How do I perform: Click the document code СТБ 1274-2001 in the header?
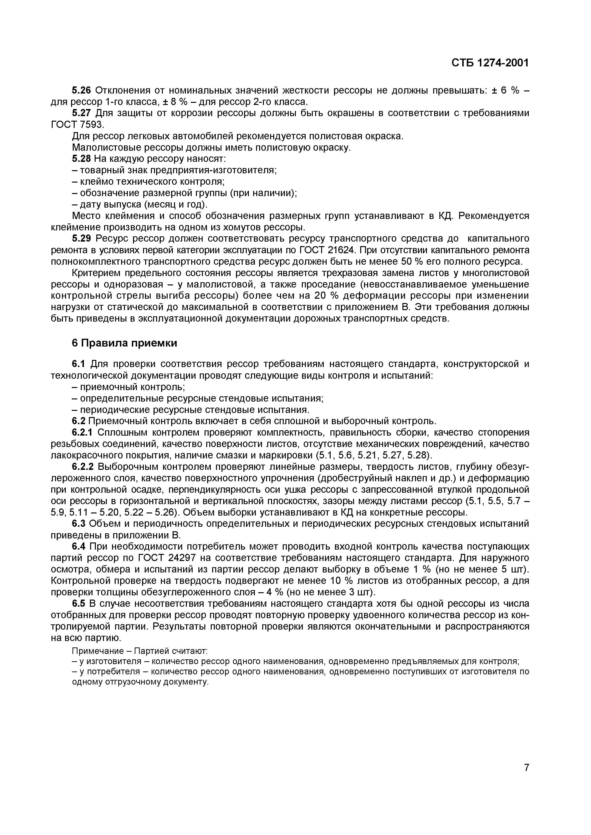(x=489, y=63)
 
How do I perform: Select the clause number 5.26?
(x=81, y=90)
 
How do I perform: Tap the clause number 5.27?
(x=81, y=113)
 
